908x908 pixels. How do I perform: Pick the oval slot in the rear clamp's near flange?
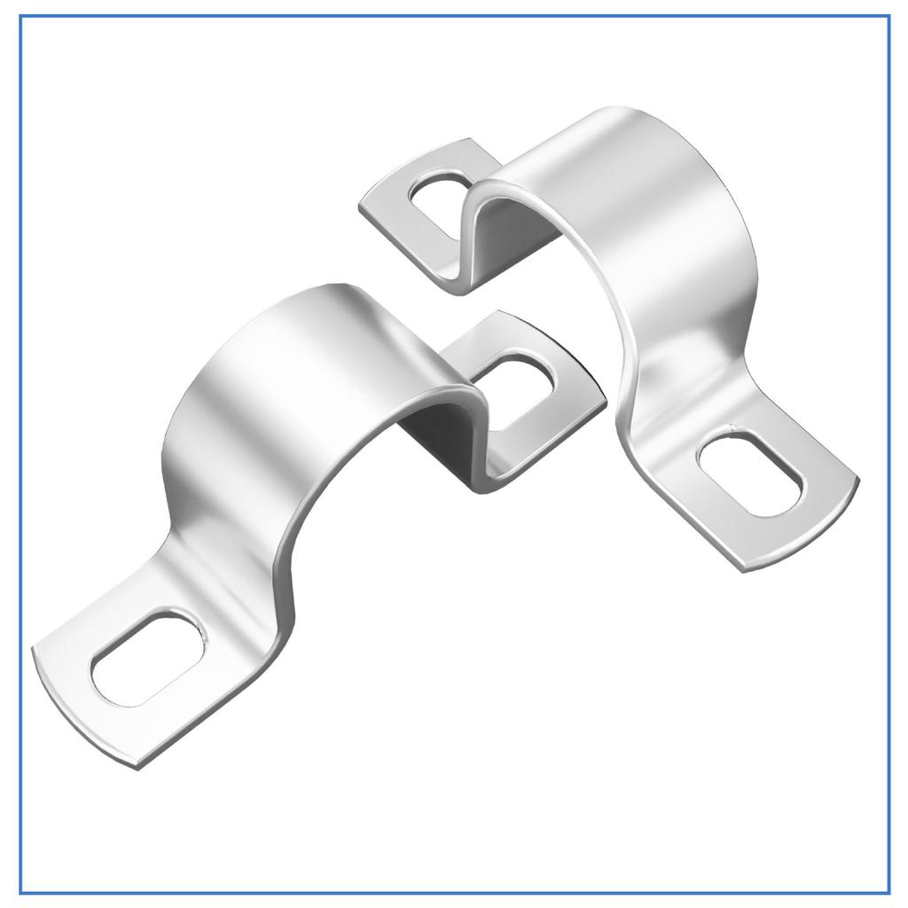750,471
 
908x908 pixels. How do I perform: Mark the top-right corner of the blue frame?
888,17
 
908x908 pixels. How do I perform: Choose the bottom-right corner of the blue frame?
888,892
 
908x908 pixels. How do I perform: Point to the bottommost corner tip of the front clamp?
137,768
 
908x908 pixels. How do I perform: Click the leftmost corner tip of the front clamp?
33,648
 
